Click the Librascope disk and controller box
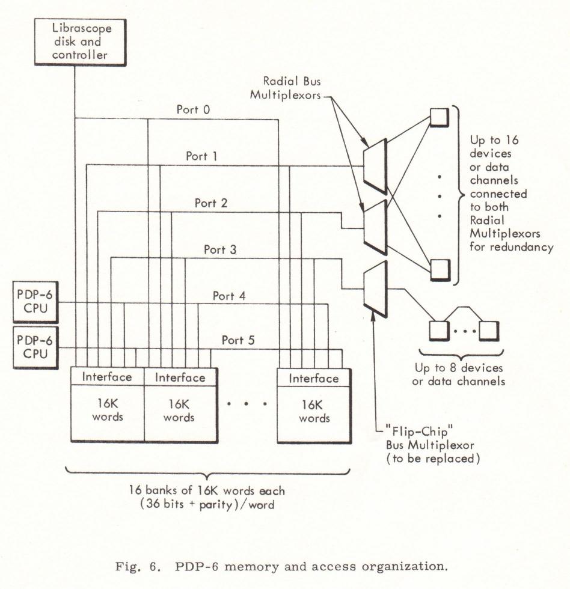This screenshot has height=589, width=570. (x=80, y=43)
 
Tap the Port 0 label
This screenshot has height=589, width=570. (x=193, y=109)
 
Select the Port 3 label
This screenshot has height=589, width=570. (x=220, y=249)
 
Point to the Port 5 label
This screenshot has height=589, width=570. (x=238, y=340)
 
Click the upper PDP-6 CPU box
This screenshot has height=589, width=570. (x=35, y=302)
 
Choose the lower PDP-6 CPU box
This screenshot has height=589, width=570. (x=35, y=347)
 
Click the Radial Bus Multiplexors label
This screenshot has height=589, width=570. (x=286, y=88)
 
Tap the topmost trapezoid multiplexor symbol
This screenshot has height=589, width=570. (x=375, y=166)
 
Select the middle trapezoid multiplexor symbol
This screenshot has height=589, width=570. (x=375, y=228)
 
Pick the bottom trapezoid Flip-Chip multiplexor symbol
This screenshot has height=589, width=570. (x=375, y=289)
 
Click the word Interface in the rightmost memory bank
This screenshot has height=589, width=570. (x=314, y=378)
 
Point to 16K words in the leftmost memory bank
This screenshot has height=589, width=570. (x=108, y=410)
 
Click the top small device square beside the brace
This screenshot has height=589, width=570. (x=440, y=117)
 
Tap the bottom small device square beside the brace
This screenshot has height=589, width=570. (x=440, y=269)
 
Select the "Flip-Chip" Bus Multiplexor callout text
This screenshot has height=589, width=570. (x=432, y=445)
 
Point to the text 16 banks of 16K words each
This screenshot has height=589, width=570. (x=207, y=490)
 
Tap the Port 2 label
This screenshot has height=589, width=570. (x=211, y=203)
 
